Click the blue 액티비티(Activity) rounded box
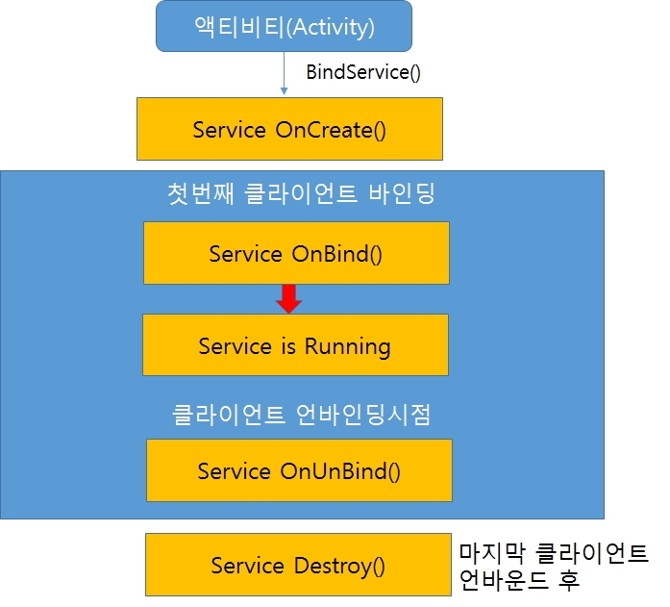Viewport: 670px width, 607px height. tap(284, 26)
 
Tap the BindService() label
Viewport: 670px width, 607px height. tap(363, 72)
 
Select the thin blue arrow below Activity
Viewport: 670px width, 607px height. tap(285, 73)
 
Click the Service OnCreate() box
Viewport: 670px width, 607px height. tap(289, 129)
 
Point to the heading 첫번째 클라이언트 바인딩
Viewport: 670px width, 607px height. tap(301, 193)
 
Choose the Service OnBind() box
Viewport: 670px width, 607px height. tap(296, 253)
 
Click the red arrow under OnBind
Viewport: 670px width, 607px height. tap(288, 299)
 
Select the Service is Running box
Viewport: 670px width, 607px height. tap(296, 345)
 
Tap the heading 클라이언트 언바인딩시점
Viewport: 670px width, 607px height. tap(301, 415)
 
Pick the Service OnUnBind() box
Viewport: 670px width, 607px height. tap(299, 470)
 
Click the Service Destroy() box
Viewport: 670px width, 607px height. tap(298, 565)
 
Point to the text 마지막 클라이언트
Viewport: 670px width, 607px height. tap(554, 553)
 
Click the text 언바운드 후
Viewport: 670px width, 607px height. tap(519, 580)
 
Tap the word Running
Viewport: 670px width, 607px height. tap(347, 346)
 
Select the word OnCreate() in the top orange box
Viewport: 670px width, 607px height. tap(331, 130)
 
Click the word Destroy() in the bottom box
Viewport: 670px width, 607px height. tap(339, 566)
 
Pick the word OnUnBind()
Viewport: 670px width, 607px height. tap(340, 471)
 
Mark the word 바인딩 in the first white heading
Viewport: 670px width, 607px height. tap(402, 193)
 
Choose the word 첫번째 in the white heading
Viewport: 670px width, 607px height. tap(200, 193)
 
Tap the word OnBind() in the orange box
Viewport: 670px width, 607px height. tap(336, 254)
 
